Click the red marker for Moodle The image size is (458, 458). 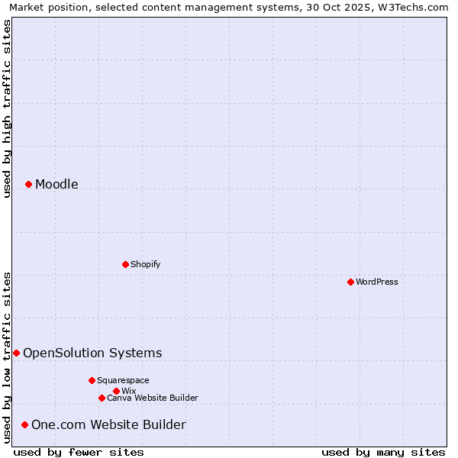point(28,184)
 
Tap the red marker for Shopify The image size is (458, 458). point(125,264)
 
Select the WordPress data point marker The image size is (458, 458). point(350,282)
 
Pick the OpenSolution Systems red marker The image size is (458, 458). point(16,353)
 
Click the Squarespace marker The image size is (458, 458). point(92,380)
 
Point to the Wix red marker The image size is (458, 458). point(116,391)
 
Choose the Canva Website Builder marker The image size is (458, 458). point(102,398)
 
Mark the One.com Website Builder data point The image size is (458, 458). point(24,424)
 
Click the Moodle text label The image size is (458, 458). point(56,184)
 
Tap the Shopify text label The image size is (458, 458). point(145,264)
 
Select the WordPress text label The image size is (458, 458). point(377,282)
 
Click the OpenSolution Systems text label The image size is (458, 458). point(92,353)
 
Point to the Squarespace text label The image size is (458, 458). point(123,380)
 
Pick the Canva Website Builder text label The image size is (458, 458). point(153,398)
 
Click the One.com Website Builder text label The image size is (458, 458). point(108,424)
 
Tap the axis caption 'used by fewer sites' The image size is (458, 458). point(79,452)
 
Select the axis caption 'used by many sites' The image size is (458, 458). point(383,452)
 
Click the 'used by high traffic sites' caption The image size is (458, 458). point(7,108)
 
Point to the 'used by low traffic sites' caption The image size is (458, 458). point(7,356)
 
